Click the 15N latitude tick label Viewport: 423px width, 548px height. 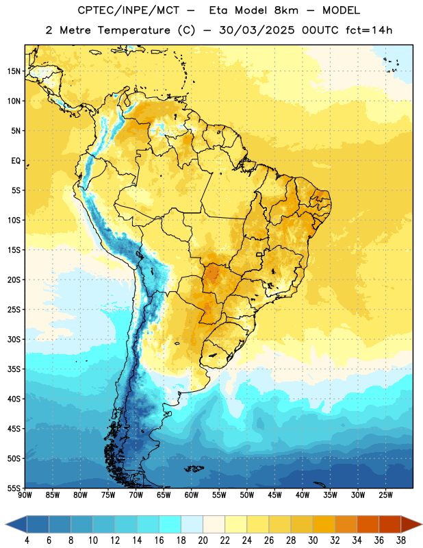coord(14,71)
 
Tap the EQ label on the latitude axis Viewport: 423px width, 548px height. coord(16,161)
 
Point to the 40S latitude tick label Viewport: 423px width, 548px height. coord(14,399)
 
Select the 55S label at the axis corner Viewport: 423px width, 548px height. coord(14,488)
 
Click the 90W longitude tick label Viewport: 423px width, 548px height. coord(25,495)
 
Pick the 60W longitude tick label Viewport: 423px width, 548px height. coord(192,495)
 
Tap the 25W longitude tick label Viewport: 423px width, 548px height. coord(385,495)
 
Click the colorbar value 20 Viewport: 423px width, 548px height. coord(203,540)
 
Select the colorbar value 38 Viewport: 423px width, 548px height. coord(401,540)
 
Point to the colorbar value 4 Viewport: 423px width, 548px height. coord(27,540)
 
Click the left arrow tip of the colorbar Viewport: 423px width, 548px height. coord(5,524)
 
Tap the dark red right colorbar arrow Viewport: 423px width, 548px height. coord(411,524)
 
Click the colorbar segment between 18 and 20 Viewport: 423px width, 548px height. coord(192,524)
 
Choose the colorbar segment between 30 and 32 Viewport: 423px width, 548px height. coord(324,524)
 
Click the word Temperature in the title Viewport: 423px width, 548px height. coord(133,30)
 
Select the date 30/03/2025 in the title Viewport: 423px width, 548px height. coord(257,30)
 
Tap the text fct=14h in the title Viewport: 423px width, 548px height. coord(369,30)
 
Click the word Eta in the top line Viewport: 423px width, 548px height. coord(219,10)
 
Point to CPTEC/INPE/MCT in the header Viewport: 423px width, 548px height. coord(128,10)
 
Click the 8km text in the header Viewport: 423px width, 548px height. coord(286,10)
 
